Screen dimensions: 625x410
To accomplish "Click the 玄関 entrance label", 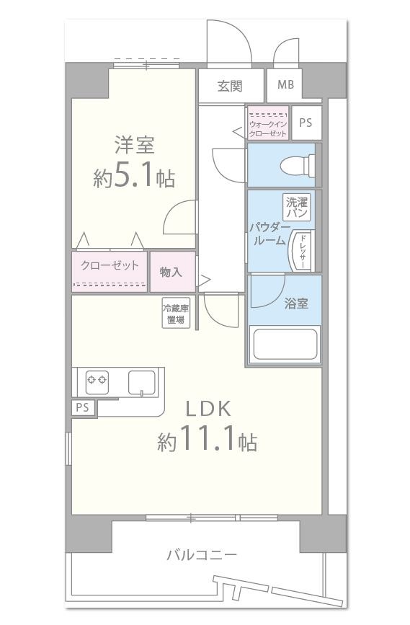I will coord(230,86).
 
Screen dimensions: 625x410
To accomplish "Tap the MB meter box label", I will coord(285,85).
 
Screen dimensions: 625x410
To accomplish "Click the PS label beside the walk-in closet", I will coord(306,123).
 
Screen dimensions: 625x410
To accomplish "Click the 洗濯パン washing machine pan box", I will coord(297,208).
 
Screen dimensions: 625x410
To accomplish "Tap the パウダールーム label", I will coord(269,234).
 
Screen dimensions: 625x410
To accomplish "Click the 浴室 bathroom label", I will coord(296,303).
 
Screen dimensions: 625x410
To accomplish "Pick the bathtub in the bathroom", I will coord(285,345).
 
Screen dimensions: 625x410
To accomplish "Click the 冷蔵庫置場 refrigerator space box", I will coord(176,314).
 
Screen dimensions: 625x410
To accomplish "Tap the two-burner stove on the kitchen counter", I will coord(97,379).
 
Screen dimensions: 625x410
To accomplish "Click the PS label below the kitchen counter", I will coord(83,407).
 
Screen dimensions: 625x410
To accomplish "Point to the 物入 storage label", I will coord(171,271).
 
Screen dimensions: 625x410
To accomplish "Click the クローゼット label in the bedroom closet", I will coord(110,265).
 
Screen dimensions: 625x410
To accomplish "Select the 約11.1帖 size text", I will coord(208,440).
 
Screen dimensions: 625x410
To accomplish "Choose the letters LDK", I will coord(208,409).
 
